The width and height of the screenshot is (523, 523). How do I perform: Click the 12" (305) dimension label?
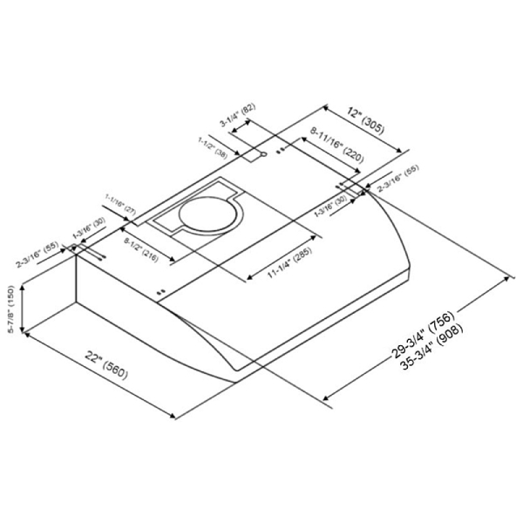point(366,120)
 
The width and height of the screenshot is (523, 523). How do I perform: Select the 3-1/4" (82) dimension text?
point(237,115)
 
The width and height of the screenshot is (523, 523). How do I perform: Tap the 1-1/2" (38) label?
point(213,147)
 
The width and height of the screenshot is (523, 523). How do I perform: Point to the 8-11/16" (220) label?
point(336,145)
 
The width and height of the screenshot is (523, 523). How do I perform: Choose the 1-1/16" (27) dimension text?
point(120,204)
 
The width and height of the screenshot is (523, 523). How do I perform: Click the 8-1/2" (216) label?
point(141,249)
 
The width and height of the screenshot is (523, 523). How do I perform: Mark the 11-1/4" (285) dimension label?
point(290,263)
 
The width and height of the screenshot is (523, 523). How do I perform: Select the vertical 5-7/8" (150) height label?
point(11,309)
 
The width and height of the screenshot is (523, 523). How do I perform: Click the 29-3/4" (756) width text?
point(423,335)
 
